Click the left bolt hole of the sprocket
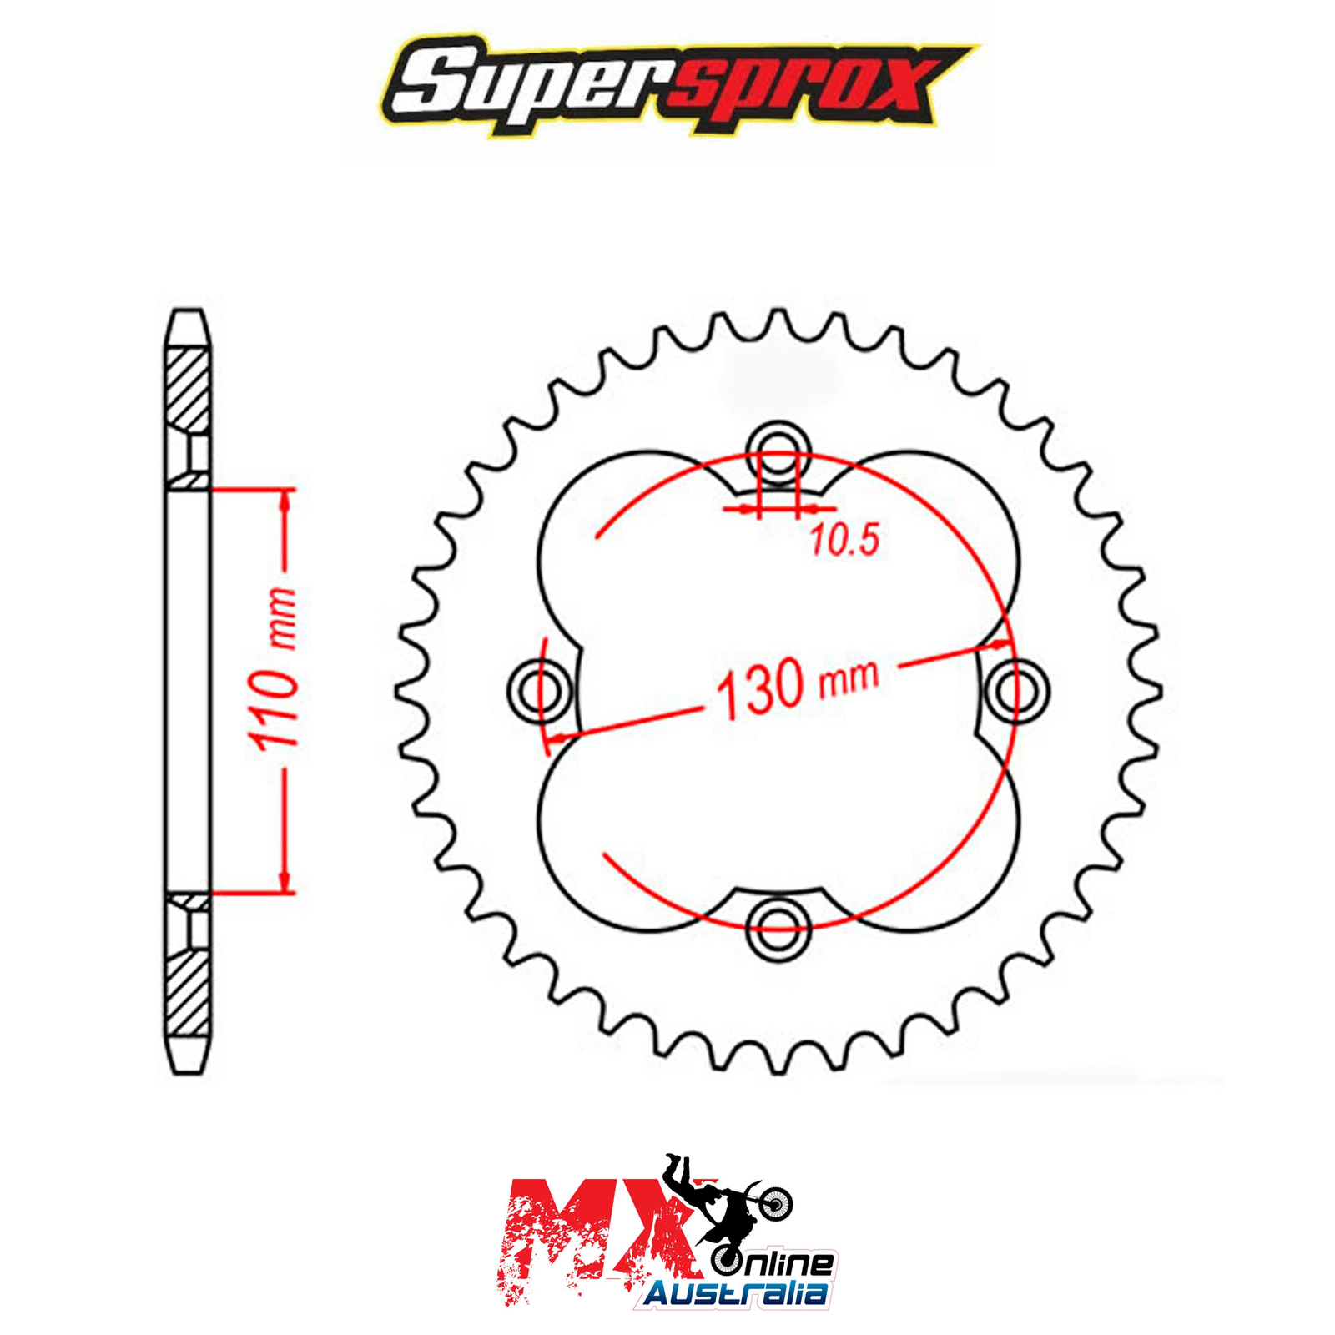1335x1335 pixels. click(539, 690)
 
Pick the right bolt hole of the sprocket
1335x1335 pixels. click(1016, 690)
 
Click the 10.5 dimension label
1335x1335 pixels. click(845, 541)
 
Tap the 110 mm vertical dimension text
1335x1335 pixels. click(273, 667)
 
